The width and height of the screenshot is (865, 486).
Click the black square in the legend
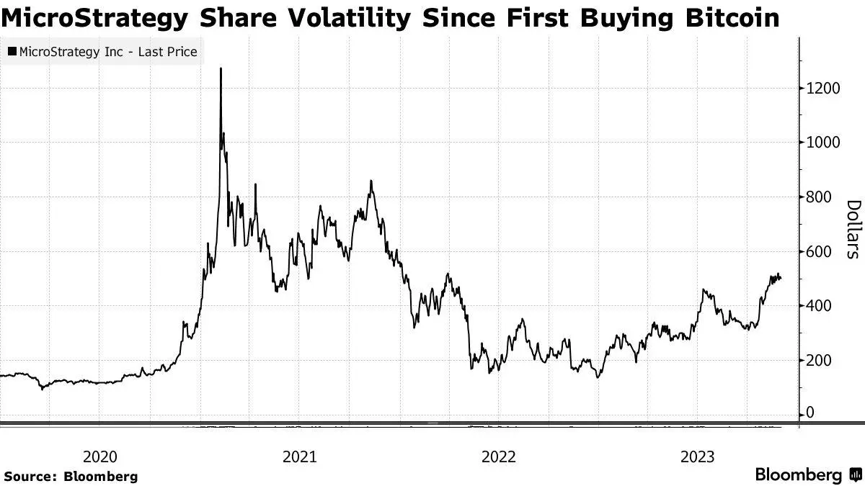point(12,52)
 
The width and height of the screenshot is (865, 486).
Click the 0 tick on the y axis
point(809,413)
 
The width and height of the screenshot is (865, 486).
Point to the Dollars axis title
point(853,229)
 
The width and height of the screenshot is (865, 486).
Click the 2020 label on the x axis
point(99,456)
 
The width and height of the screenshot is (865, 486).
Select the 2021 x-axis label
point(298,456)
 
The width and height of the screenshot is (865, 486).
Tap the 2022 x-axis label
point(498,456)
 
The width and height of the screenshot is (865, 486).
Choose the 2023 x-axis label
point(697,456)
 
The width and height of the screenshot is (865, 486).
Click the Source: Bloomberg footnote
point(71,477)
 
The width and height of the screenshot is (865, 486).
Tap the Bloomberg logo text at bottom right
point(798,475)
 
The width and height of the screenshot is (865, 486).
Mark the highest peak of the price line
point(221,69)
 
